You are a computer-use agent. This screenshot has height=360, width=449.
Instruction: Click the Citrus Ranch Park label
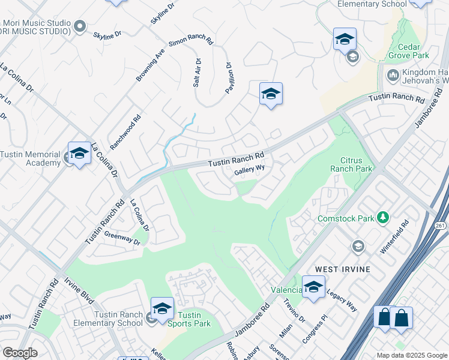(x=351, y=164)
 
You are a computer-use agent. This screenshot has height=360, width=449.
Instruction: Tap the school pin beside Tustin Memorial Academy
(x=79, y=155)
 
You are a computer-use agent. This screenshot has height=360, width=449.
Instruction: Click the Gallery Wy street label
(x=249, y=170)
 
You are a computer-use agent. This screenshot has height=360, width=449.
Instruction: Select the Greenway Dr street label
(x=121, y=239)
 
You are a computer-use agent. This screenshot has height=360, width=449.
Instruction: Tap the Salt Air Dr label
(x=196, y=73)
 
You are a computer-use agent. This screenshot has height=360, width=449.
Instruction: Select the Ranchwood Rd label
(x=125, y=132)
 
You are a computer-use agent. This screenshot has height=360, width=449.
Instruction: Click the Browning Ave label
(x=150, y=65)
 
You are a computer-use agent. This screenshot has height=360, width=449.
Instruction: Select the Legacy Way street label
(x=342, y=301)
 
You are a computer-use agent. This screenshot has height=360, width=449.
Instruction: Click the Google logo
(x=20, y=353)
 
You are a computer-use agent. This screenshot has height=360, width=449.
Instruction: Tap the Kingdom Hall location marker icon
(x=393, y=76)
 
